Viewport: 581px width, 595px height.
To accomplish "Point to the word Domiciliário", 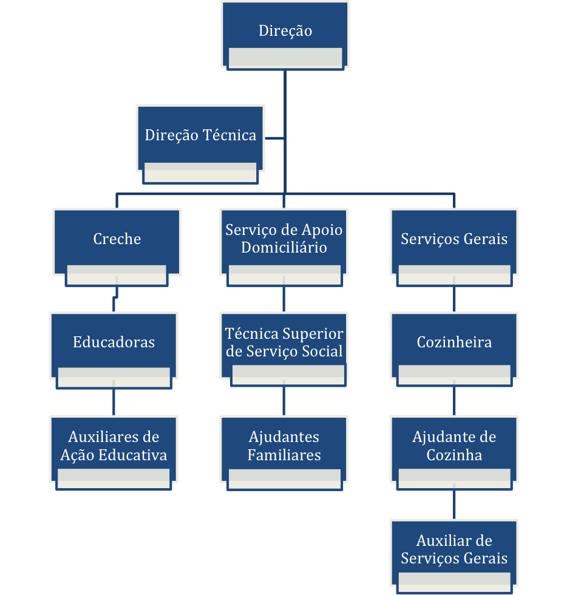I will (x=284, y=248).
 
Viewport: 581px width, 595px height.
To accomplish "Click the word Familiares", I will (x=284, y=455).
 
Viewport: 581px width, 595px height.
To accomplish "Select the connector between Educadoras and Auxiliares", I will (x=114, y=401).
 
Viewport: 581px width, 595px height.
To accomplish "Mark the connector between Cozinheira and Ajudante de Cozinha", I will (x=454, y=401).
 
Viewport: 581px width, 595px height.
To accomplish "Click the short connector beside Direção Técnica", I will (x=274, y=138).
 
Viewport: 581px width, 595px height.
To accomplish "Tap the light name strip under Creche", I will (x=117, y=275).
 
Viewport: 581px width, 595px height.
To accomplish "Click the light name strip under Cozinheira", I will (x=454, y=375).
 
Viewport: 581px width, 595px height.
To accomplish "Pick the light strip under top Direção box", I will (x=285, y=58).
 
